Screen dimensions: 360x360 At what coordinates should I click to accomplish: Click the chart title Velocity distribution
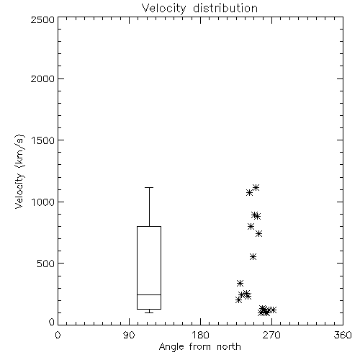199,8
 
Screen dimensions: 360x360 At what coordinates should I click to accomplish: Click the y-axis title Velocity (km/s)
19,171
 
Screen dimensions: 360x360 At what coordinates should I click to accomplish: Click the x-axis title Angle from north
199,346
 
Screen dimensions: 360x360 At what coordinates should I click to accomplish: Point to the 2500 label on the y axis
42,19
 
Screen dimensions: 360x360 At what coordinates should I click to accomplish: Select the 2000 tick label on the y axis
42,78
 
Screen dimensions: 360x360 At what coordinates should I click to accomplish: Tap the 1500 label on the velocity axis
43,140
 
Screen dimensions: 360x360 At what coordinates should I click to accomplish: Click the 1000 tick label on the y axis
43,202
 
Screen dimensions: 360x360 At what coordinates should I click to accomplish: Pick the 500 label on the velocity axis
46,264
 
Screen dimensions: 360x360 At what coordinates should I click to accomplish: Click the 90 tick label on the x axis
129,335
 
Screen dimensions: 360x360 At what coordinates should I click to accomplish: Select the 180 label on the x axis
200,335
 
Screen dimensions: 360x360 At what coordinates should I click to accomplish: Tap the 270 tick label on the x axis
271,335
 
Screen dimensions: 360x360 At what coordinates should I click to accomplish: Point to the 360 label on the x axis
343,335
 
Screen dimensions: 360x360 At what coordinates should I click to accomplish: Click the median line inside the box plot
149,294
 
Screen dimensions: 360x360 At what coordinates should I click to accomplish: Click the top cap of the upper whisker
149,187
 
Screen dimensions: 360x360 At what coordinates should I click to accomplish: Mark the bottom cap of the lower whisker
149,312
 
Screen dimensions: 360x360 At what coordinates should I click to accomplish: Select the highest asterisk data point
256,187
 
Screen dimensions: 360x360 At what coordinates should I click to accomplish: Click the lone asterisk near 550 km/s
253,257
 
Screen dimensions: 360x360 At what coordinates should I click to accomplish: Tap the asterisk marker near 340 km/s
240,284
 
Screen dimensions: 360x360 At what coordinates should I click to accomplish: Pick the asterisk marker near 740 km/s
258,234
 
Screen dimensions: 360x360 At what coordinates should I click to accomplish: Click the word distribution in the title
225,8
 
